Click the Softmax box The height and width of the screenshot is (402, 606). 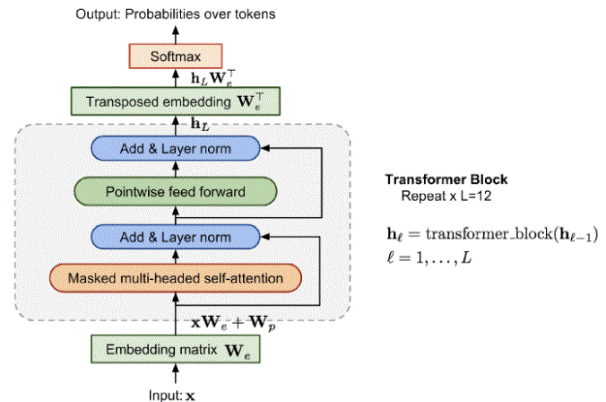(x=176, y=57)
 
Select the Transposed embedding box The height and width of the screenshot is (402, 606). (x=176, y=101)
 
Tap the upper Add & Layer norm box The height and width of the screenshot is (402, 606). (x=176, y=148)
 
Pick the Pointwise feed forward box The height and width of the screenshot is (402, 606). (x=176, y=191)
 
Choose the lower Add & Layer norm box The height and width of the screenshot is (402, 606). (x=176, y=237)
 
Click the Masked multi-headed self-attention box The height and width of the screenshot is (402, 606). (x=176, y=278)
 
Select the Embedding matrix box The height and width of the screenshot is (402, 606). (x=176, y=349)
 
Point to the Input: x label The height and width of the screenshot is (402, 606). (x=172, y=396)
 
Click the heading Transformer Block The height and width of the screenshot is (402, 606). (x=446, y=179)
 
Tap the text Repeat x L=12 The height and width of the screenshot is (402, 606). (x=446, y=197)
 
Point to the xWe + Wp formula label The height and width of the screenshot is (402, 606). (x=233, y=323)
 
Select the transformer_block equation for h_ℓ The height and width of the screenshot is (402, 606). (x=493, y=234)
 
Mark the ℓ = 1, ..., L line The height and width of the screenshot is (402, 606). (x=429, y=258)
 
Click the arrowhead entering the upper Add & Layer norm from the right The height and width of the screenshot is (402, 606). (x=264, y=148)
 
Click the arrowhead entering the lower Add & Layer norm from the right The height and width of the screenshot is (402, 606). (x=264, y=237)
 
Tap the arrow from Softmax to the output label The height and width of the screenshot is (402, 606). (x=176, y=35)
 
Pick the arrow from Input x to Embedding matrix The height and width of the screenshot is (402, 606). (x=176, y=373)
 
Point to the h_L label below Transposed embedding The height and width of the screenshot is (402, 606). (x=200, y=124)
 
